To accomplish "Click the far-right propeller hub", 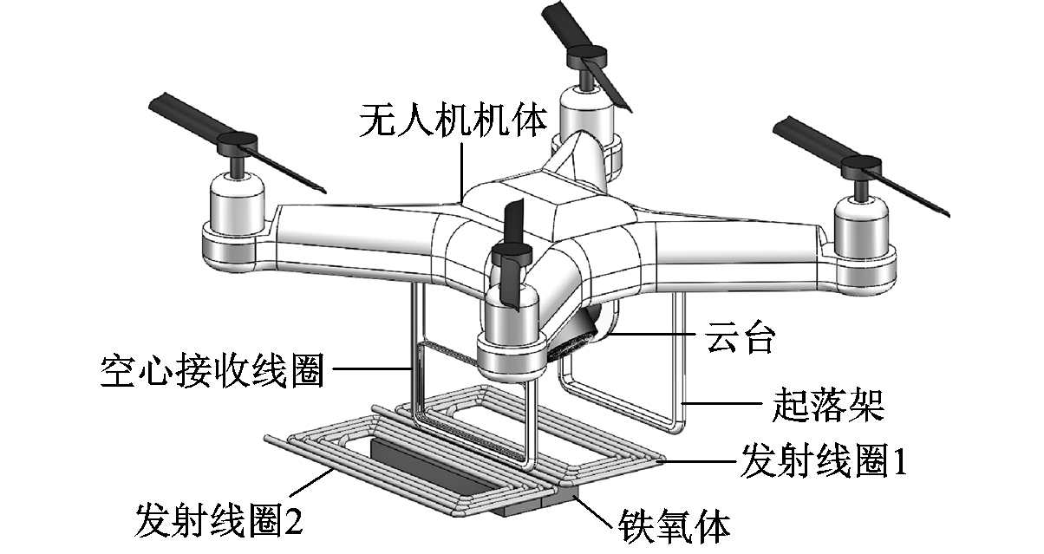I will coord(866,163).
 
